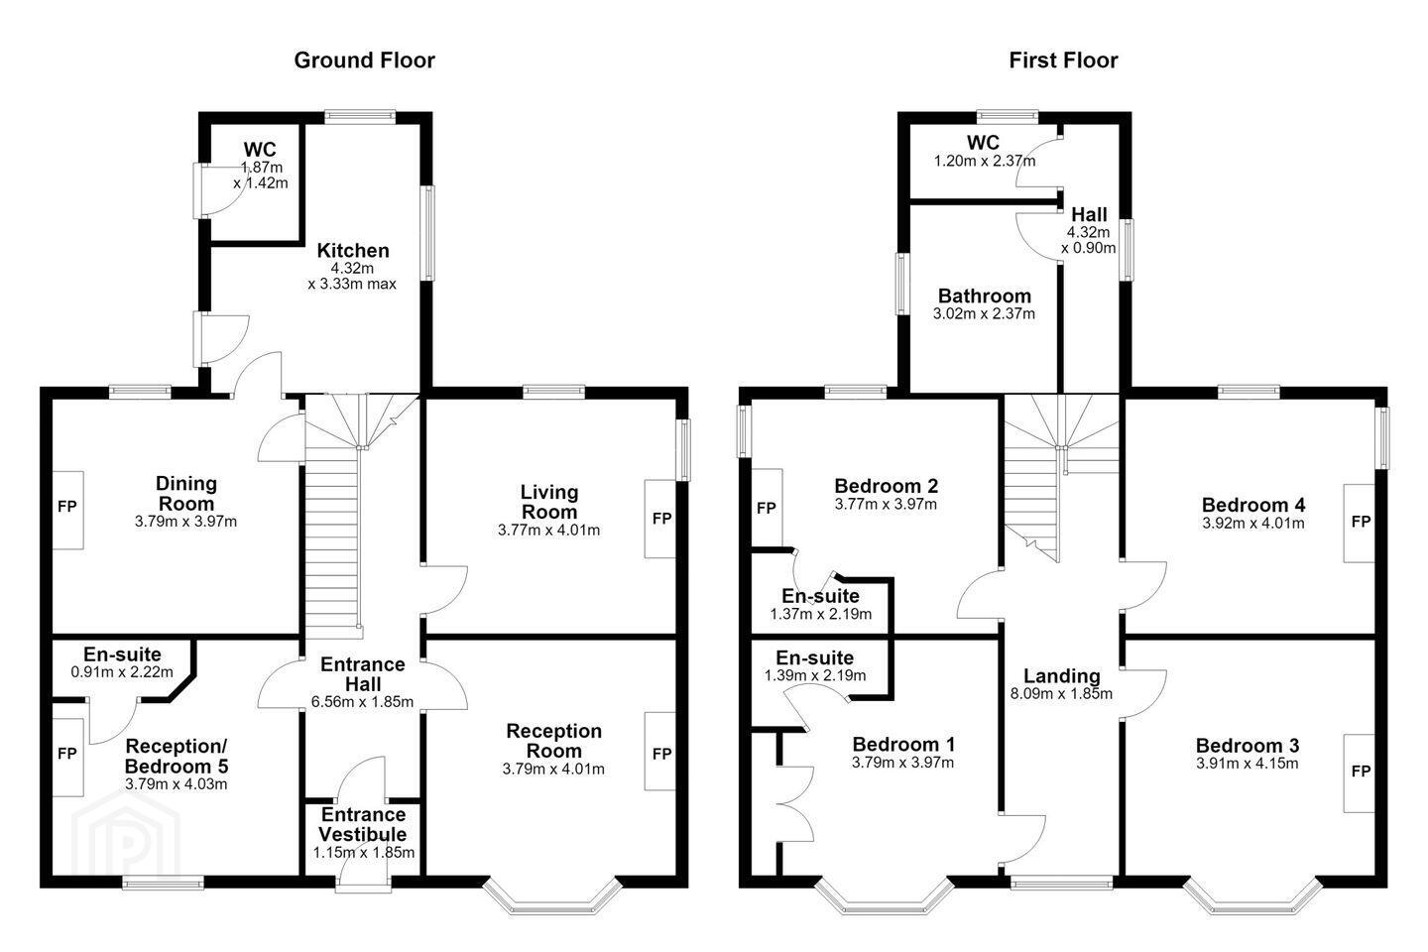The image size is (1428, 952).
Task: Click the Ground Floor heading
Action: (364, 60)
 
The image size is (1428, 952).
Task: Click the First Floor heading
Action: (1063, 60)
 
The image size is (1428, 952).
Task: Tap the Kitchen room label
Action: (353, 250)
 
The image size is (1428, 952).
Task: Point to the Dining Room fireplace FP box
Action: (67, 510)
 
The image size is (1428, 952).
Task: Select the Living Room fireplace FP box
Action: (660, 519)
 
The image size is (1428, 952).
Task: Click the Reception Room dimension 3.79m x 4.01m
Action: (553, 769)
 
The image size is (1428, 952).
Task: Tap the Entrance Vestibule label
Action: (363, 824)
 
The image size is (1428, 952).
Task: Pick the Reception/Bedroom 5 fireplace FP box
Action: (67, 757)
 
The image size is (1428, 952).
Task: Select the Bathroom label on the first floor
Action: (984, 296)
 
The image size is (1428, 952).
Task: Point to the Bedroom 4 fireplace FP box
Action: (1360, 523)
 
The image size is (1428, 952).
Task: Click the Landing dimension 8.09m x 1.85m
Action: (1061, 694)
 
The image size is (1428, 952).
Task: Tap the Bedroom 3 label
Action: (1247, 746)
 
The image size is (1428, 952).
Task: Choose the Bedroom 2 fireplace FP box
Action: (767, 508)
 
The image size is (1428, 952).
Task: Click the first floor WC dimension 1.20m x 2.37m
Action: (985, 162)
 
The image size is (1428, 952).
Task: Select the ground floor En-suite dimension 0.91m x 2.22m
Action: (122, 672)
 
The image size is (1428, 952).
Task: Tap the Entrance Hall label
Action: (363, 674)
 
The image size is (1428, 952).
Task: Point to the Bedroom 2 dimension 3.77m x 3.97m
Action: (886, 505)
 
